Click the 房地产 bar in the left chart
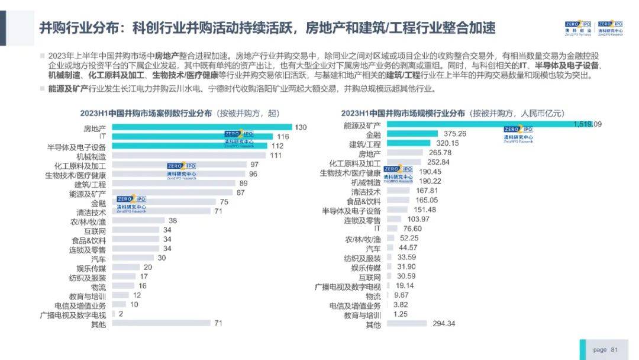click(x=201, y=127)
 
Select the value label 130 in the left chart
click(x=301, y=127)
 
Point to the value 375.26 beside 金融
click(x=454, y=134)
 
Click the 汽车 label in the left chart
click(x=98, y=259)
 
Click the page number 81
click(x=614, y=350)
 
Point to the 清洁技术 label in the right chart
click(x=366, y=192)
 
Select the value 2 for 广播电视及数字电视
click(x=121, y=314)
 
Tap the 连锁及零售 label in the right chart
click(x=363, y=220)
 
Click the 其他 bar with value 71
click(x=161, y=323)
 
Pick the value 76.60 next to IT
click(x=412, y=229)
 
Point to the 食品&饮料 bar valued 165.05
click(x=397, y=201)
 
